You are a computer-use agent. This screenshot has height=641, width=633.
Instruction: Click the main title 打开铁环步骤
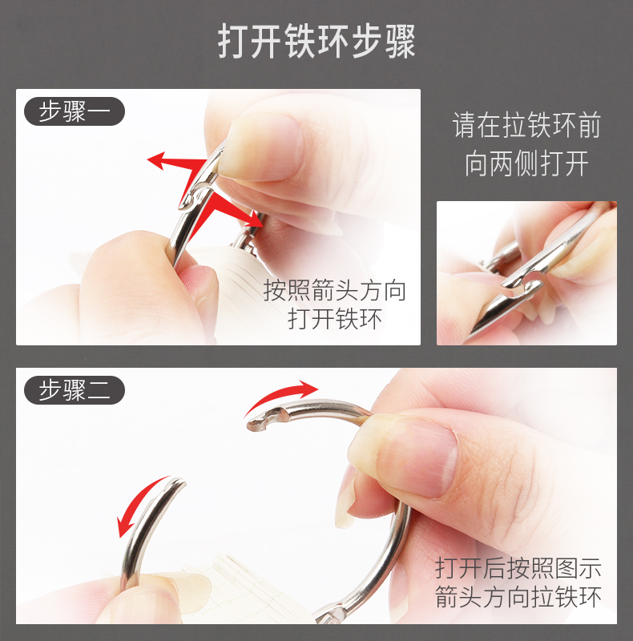pyautogui.click(x=316, y=42)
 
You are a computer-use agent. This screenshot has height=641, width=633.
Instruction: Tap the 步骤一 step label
pyautogui.click(x=74, y=111)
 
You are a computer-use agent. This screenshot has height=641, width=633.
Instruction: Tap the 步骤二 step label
pyautogui.click(x=74, y=390)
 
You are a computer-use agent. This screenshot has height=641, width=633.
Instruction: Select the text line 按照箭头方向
pyautogui.click(x=335, y=290)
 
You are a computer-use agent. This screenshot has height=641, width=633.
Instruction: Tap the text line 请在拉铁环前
pyautogui.click(x=526, y=127)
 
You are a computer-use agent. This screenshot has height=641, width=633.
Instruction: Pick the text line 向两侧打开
pyautogui.click(x=526, y=163)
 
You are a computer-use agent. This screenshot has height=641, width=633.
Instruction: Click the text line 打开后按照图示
pyautogui.click(x=518, y=568)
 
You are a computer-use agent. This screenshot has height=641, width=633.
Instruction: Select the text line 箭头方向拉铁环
pyautogui.click(x=518, y=597)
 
